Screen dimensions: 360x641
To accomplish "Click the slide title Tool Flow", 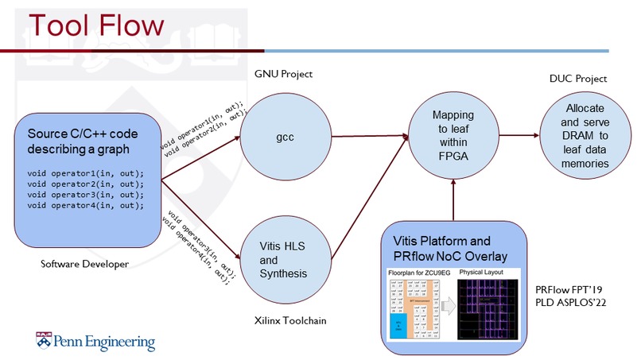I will tap(87, 25).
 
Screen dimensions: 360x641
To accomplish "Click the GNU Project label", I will tap(283, 74).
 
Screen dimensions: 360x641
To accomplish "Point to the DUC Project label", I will tap(578, 79).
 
